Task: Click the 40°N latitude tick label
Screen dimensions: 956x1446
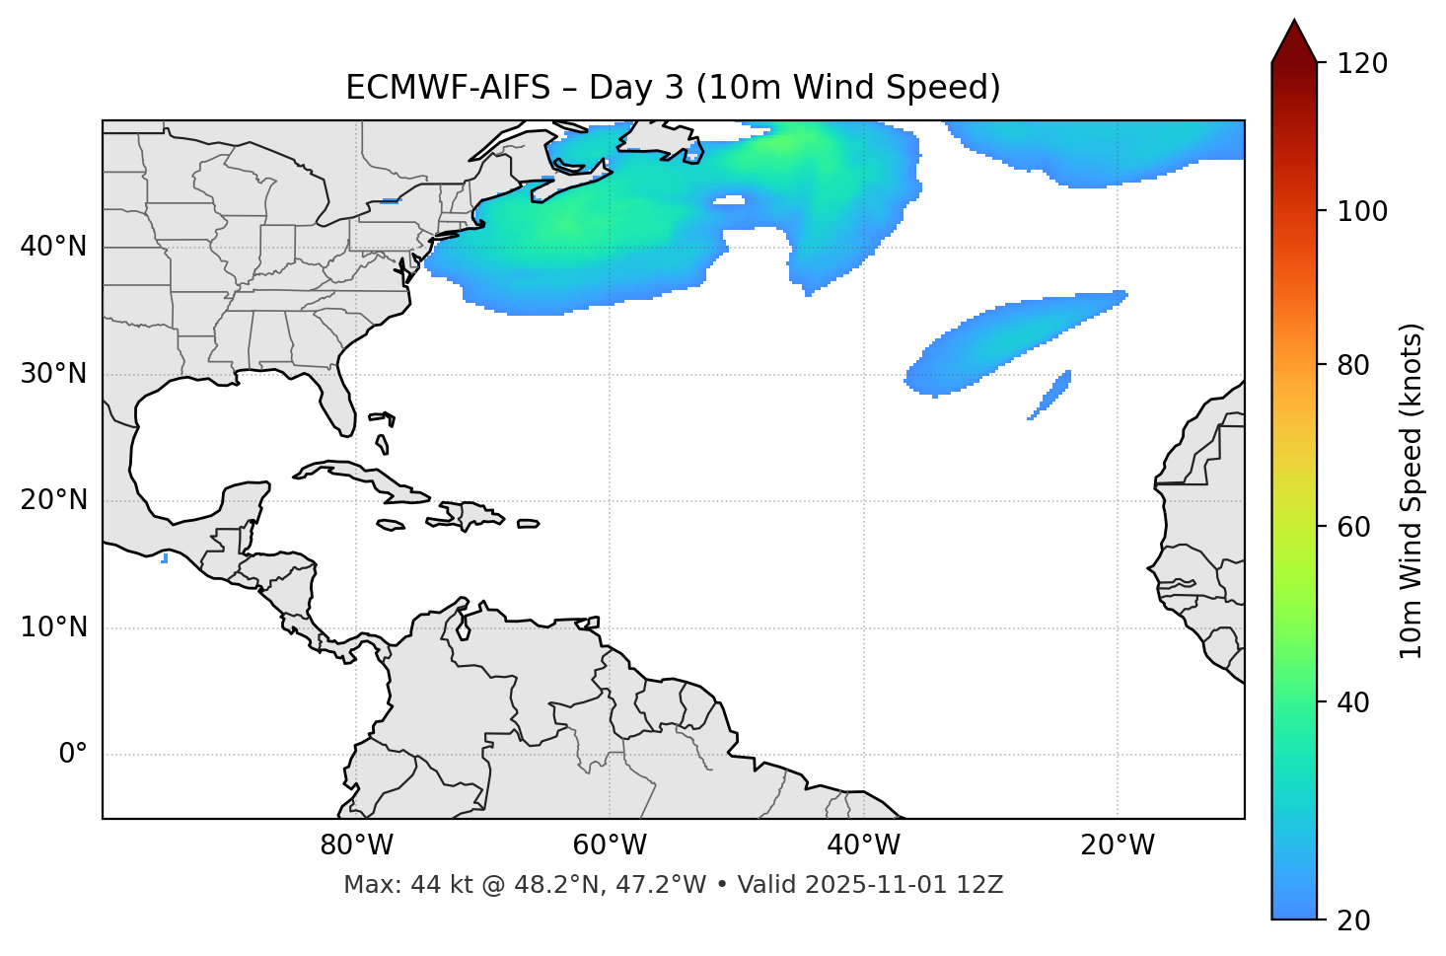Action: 53,247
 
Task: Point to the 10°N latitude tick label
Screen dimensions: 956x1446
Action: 53,627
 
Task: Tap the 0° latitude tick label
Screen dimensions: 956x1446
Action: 73,755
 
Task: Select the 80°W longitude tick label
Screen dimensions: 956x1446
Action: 356,846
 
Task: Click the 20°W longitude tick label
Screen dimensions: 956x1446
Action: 1118,846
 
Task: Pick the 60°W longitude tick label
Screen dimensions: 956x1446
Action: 610,846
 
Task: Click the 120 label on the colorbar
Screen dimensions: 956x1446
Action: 1362,64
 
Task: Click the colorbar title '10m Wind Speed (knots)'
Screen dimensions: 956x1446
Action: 1411,491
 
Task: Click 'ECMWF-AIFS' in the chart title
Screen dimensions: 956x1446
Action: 447,88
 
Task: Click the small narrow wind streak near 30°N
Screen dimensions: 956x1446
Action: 1050,395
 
